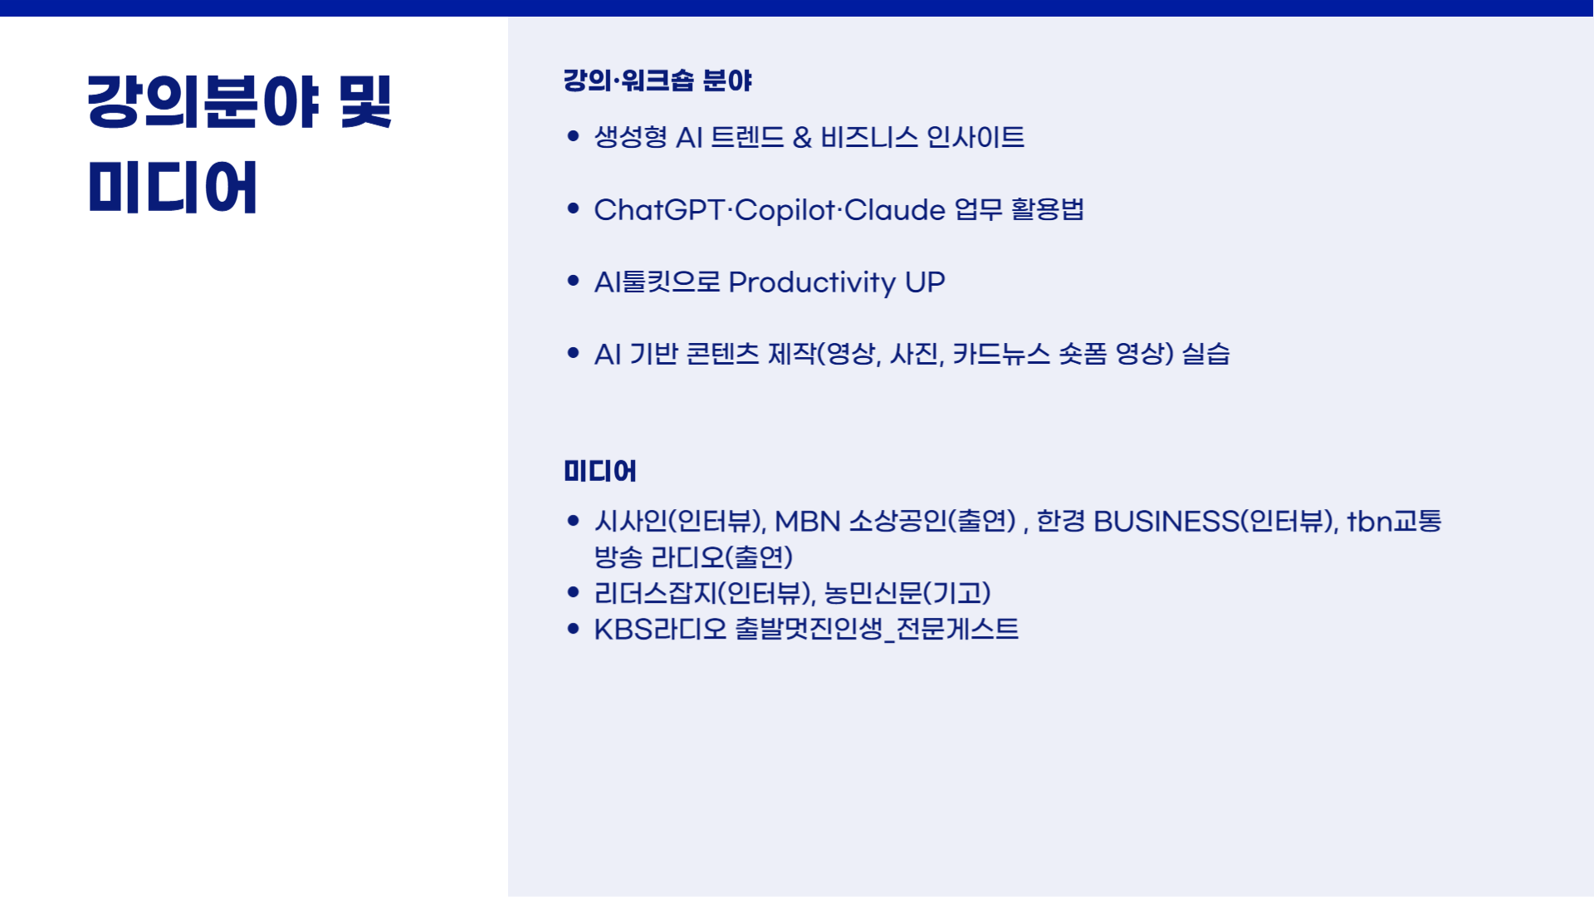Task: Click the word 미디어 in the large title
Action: [x=173, y=188]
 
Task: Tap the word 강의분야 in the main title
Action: [x=203, y=101]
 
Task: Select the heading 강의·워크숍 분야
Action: [x=658, y=81]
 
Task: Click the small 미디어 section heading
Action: [x=600, y=471]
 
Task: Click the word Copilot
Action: [x=785, y=211]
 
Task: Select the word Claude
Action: [x=895, y=210]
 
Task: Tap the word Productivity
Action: [x=812, y=283]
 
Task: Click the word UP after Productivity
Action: [x=925, y=282]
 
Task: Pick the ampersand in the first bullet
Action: [x=802, y=137]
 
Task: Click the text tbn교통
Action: [x=1395, y=521]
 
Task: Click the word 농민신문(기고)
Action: [x=907, y=593]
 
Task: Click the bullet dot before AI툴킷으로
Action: [x=573, y=281]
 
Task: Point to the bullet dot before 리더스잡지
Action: [x=573, y=592]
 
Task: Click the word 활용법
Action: [x=1048, y=209]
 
